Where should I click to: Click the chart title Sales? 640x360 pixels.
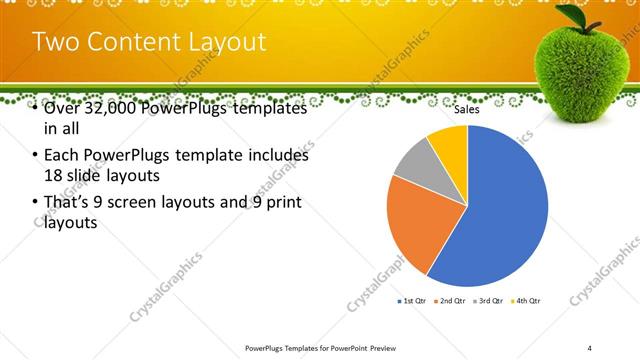[x=467, y=110]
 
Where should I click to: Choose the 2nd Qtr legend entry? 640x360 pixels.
[x=450, y=300]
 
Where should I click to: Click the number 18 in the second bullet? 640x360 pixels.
[x=54, y=174]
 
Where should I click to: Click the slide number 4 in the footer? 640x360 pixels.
[x=590, y=347]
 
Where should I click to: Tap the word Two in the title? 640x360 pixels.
[x=54, y=42]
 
